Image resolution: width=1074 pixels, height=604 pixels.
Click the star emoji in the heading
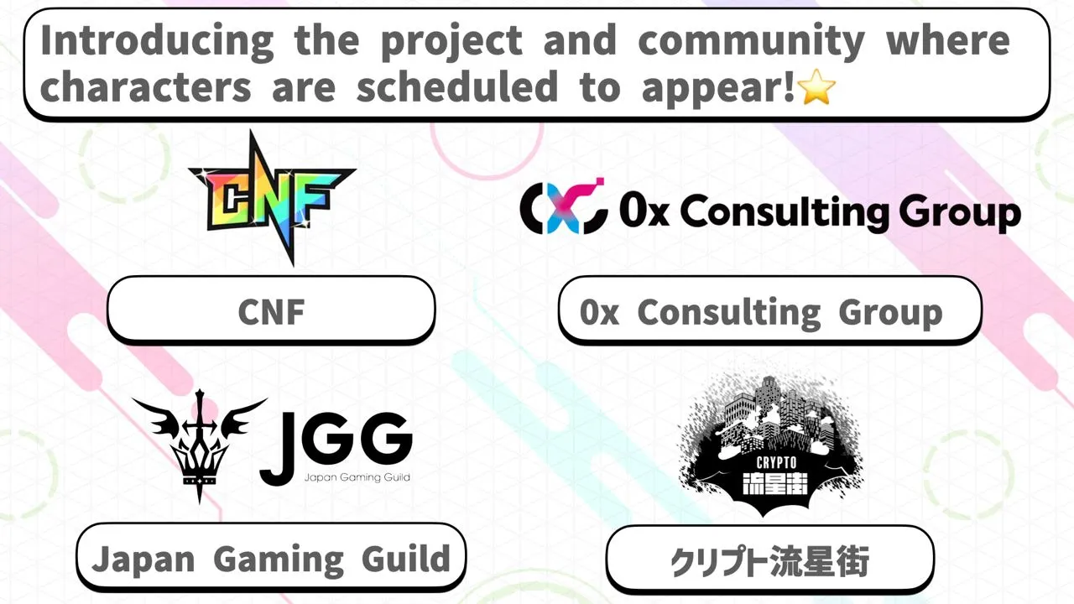816,86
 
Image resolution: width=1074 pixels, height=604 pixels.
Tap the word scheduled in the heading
457,86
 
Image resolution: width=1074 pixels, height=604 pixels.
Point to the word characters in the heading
146,86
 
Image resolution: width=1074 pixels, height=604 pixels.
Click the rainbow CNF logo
272,197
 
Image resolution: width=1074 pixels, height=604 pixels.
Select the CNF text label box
271,310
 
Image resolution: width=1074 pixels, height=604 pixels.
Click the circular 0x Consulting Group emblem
564,206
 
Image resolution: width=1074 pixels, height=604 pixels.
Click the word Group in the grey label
890,314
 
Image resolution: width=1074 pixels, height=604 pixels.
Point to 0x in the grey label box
599,312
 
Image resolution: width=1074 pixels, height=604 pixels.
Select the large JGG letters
336,448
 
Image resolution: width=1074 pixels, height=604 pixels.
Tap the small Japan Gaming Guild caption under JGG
357,477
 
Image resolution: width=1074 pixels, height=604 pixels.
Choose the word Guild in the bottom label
405,558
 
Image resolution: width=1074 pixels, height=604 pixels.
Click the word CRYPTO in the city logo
776,462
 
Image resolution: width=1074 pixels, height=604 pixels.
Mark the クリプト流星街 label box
770,560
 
